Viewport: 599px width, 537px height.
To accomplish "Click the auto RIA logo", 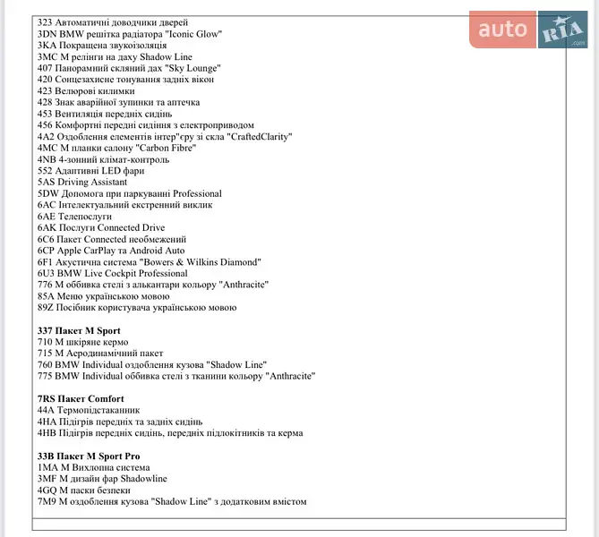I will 527,30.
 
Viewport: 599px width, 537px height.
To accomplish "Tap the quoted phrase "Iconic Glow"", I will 192,33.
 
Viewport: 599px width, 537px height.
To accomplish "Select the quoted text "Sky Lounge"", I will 190,67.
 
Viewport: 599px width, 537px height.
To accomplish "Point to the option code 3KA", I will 47,45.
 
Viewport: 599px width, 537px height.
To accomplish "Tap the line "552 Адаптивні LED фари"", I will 90,170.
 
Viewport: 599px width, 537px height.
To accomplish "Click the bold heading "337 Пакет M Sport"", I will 79,330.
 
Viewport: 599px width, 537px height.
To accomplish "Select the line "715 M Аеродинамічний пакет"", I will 102,354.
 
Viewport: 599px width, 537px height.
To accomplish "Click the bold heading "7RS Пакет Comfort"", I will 81,398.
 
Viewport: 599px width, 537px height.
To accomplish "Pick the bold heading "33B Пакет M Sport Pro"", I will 89,456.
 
